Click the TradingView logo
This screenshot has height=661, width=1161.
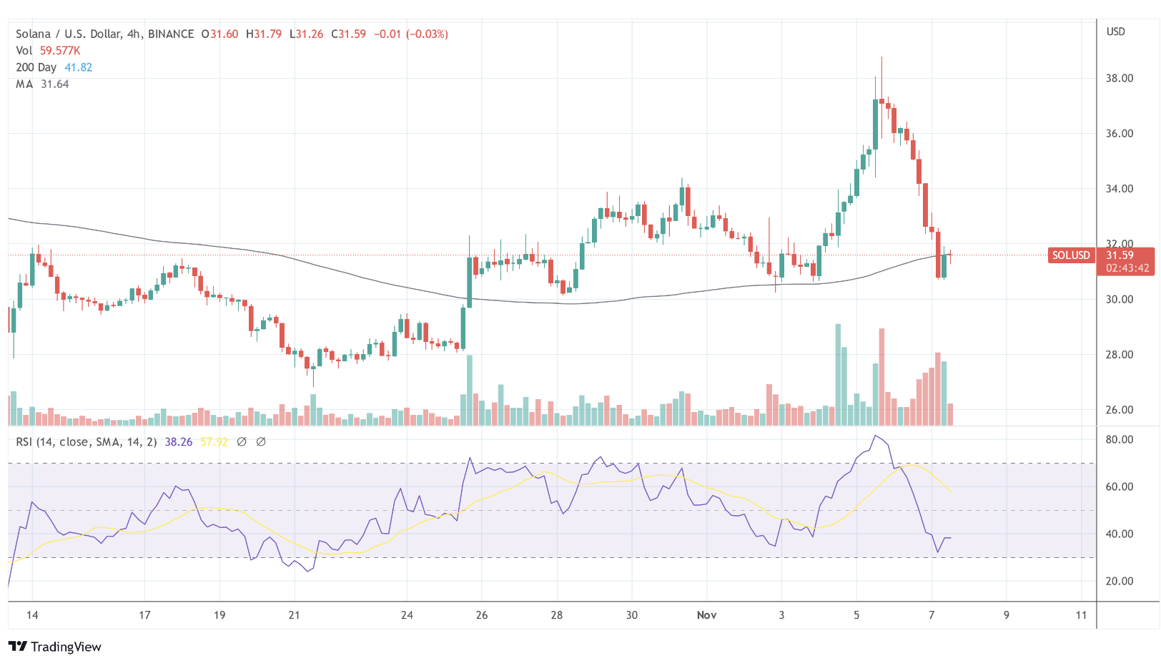[x=55, y=647]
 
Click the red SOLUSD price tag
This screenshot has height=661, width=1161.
[x=1070, y=255]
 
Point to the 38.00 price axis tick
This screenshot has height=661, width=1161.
[x=1119, y=78]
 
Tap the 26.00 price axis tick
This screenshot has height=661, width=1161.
[x=1119, y=410]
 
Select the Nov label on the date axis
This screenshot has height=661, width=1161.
[x=706, y=615]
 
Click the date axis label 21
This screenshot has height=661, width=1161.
[x=294, y=615]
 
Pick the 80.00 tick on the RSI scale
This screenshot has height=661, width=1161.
[x=1119, y=439]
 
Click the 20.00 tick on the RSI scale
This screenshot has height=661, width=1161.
[x=1119, y=581]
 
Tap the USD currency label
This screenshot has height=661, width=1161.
[x=1115, y=31]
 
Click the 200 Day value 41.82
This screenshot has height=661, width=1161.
[x=78, y=67]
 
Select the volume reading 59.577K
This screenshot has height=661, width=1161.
[x=60, y=51]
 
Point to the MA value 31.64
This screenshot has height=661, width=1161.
[x=54, y=84]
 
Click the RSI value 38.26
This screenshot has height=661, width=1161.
[x=178, y=442]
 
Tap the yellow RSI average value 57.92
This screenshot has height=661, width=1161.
[x=214, y=442]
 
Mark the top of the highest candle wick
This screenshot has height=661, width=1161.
[x=881, y=58]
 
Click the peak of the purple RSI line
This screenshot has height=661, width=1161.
[x=875, y=436]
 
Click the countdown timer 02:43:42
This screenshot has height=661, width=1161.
[x=1127, y=268]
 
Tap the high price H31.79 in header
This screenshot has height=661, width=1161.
[x=264, y=34]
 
